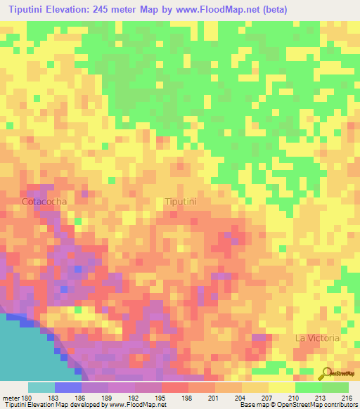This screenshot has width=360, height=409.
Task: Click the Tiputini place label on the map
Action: (x=181, y=202)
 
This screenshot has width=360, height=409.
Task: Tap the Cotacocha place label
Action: (x=44, y=202)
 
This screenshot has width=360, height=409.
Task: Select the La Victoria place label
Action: (x=317, y=338)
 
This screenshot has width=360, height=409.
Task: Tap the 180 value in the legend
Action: (x=28, y=396)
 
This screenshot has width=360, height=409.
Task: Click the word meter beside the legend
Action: (x=10, y=396)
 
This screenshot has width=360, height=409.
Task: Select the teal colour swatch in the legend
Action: (x=41, y=387)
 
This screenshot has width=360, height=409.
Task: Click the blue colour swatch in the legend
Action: (x=68, y=387)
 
